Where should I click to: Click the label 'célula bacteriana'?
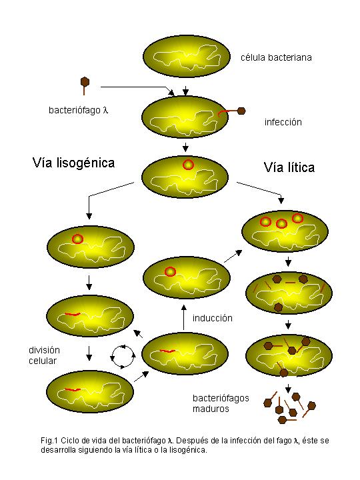tap(276, 57)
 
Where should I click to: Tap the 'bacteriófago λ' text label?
tap(79, 110)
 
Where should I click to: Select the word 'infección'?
tap(283, 122)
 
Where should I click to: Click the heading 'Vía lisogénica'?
tap(73, 163)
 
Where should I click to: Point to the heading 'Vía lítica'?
tap(289, 167)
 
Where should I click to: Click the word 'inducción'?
tap(213, 318)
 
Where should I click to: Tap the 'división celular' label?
tap(44, 355)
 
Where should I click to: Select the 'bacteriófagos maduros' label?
tap(221, 403)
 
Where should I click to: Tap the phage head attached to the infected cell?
tap(241, 111)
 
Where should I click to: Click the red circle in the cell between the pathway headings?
tap(188, 165)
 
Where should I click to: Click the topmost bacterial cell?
tap(187, 56)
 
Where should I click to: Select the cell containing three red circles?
tap(285, 231)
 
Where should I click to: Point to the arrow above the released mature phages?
tap(288, 389)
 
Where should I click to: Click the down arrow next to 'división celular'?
tap(89, 353)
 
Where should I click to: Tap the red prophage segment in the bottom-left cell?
tap(73, 390)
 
